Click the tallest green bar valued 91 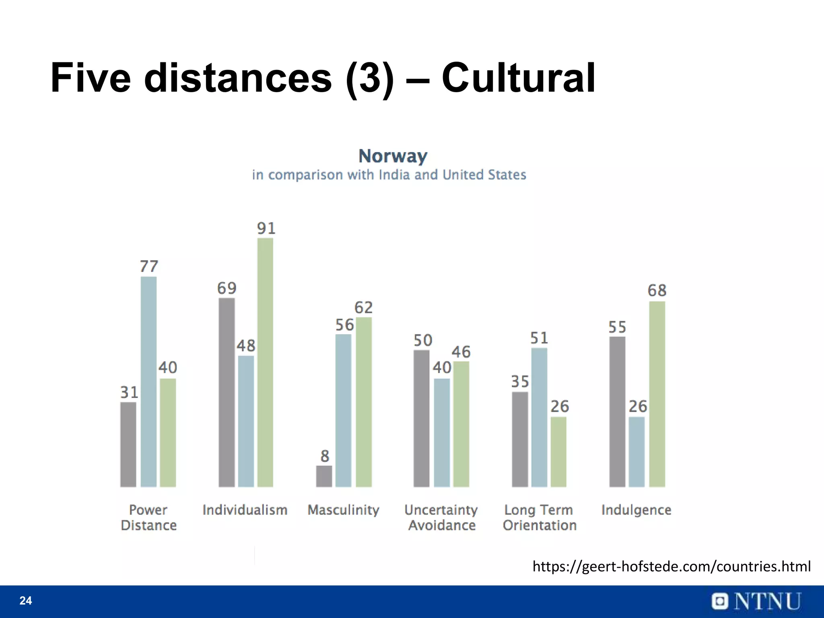coord(265,362)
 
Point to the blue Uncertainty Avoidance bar coord(442,432)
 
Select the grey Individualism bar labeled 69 coord(227,392)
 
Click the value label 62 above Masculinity coord(363,308)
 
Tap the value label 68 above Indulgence coord(657,290)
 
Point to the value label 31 coord(129,392)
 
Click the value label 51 coord(539,338)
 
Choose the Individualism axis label coord(245,510)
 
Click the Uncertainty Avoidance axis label coord(441,517)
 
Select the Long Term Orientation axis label coord(539,517)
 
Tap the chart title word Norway coord(393,156)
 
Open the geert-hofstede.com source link coord(671,566)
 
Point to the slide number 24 coord(26,601)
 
